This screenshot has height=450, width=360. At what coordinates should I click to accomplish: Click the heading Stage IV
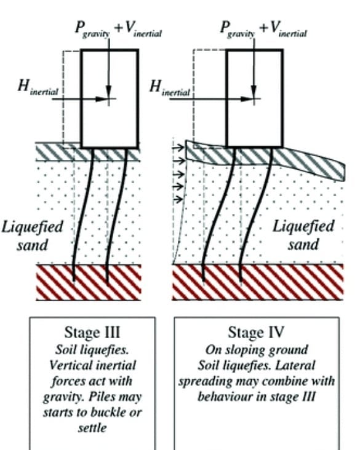click(x=256, y=333)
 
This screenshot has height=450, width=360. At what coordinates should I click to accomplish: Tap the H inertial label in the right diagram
click(x=170, y=89)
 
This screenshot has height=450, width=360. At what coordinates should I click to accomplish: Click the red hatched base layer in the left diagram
click(x=89, y=282)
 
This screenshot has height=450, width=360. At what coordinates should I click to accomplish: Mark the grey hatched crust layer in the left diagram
click(x=55, y=151)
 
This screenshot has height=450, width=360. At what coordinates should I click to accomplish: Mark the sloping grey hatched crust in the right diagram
click(x=308, y=161)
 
